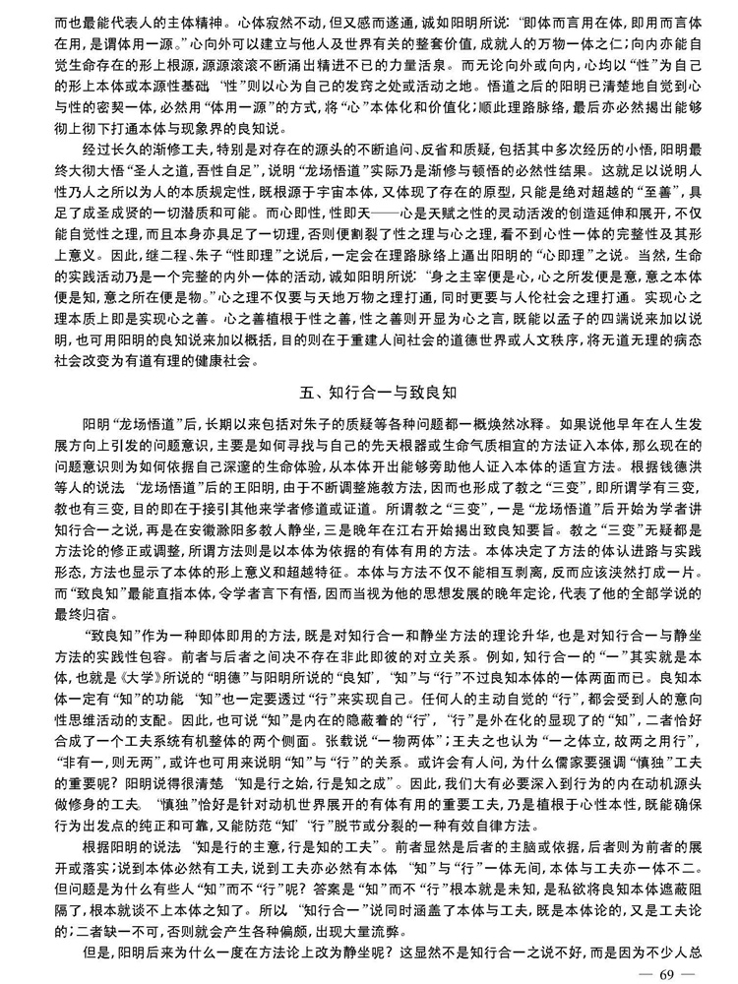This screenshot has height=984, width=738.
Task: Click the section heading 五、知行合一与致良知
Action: (x=369, y=391)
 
